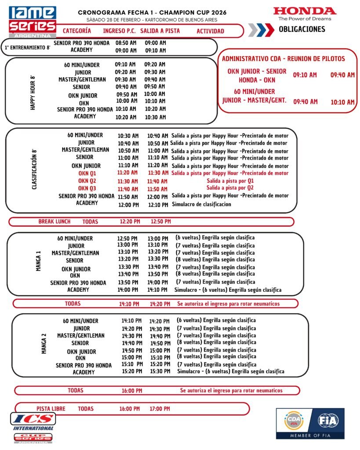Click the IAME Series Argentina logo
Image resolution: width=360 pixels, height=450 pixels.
click(x=33, y=21)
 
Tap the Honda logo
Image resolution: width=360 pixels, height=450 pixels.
click(x=304, y=14)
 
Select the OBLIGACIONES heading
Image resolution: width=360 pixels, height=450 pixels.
click(x=302, y=29)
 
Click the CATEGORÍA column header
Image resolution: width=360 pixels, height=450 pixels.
click(x=77, y=31)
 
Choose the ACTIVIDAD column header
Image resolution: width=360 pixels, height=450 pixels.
click(x=210, y=31)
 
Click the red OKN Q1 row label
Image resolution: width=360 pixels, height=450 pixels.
click(x=87, y=173)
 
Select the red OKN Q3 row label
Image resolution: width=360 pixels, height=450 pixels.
click(x=87, y=189)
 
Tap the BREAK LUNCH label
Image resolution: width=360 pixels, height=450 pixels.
click(x=54, y=221)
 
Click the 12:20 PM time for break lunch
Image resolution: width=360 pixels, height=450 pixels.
click(x=129, y=221)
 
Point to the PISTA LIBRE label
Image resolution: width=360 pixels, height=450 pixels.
click(x=51, y=409)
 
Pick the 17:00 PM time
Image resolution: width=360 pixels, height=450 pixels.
click(x=159, y=409)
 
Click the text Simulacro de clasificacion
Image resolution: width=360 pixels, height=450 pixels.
click(x=201, y=204)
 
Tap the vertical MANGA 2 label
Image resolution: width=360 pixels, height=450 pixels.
click(x=44, y=345)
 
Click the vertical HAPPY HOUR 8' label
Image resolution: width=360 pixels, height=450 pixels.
click(x=33, y=93)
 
